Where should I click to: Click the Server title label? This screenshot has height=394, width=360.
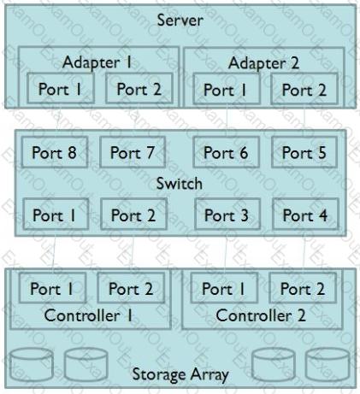click(x=180, y=21)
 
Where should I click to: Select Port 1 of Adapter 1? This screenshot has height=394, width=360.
click(x=61, y=89)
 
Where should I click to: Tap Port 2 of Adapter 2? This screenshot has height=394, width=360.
click(x=304, y=90)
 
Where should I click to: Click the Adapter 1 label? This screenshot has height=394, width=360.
click(x=97, y=62)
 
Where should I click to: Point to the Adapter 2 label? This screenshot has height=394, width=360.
click(x=263, y=62)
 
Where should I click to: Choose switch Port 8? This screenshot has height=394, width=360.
click(x=55, y=152)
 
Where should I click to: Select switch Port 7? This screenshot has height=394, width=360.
click(x=133, y=152)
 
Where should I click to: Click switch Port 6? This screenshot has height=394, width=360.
click(x=226, y=152)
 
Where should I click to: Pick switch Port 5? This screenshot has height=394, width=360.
click(x=304, y=152)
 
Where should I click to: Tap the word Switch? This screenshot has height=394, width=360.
click(x=180, y=183)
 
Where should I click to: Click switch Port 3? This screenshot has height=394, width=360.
click(x=227, y=215)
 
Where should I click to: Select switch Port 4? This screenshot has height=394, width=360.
click(x=305, y=215)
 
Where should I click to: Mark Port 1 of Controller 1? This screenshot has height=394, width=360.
click(x=52, y=288)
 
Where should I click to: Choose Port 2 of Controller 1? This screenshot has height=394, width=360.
click(x=131, y=288)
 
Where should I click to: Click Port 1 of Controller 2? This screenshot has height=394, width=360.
click(x=224, y=288)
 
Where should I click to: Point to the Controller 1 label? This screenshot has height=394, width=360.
click(x=88, y=315)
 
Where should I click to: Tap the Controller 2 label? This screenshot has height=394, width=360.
click(x=261, y=315)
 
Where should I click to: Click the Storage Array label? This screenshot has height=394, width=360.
click(x=180, y=374)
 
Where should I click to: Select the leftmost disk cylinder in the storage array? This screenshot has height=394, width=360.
click(x=32, y=366)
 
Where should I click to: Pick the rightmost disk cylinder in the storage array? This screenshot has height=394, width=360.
click(x=328, y=366)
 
